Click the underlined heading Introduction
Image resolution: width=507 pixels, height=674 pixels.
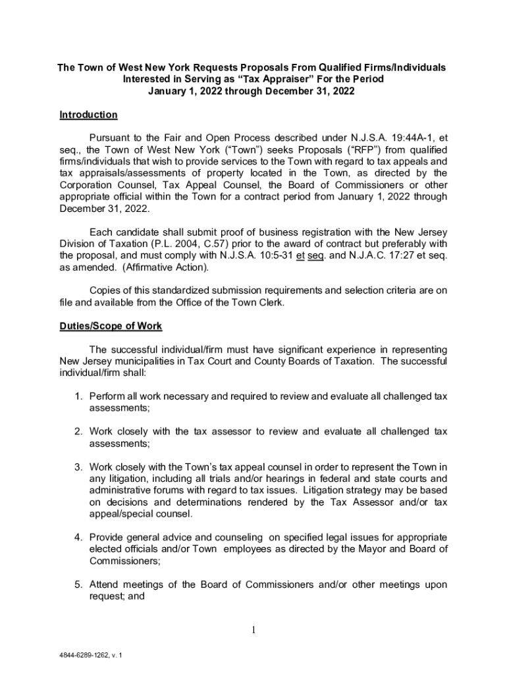point(88,115)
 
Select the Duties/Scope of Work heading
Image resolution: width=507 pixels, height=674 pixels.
point(111,326)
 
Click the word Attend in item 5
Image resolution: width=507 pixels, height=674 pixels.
point(105,584)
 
